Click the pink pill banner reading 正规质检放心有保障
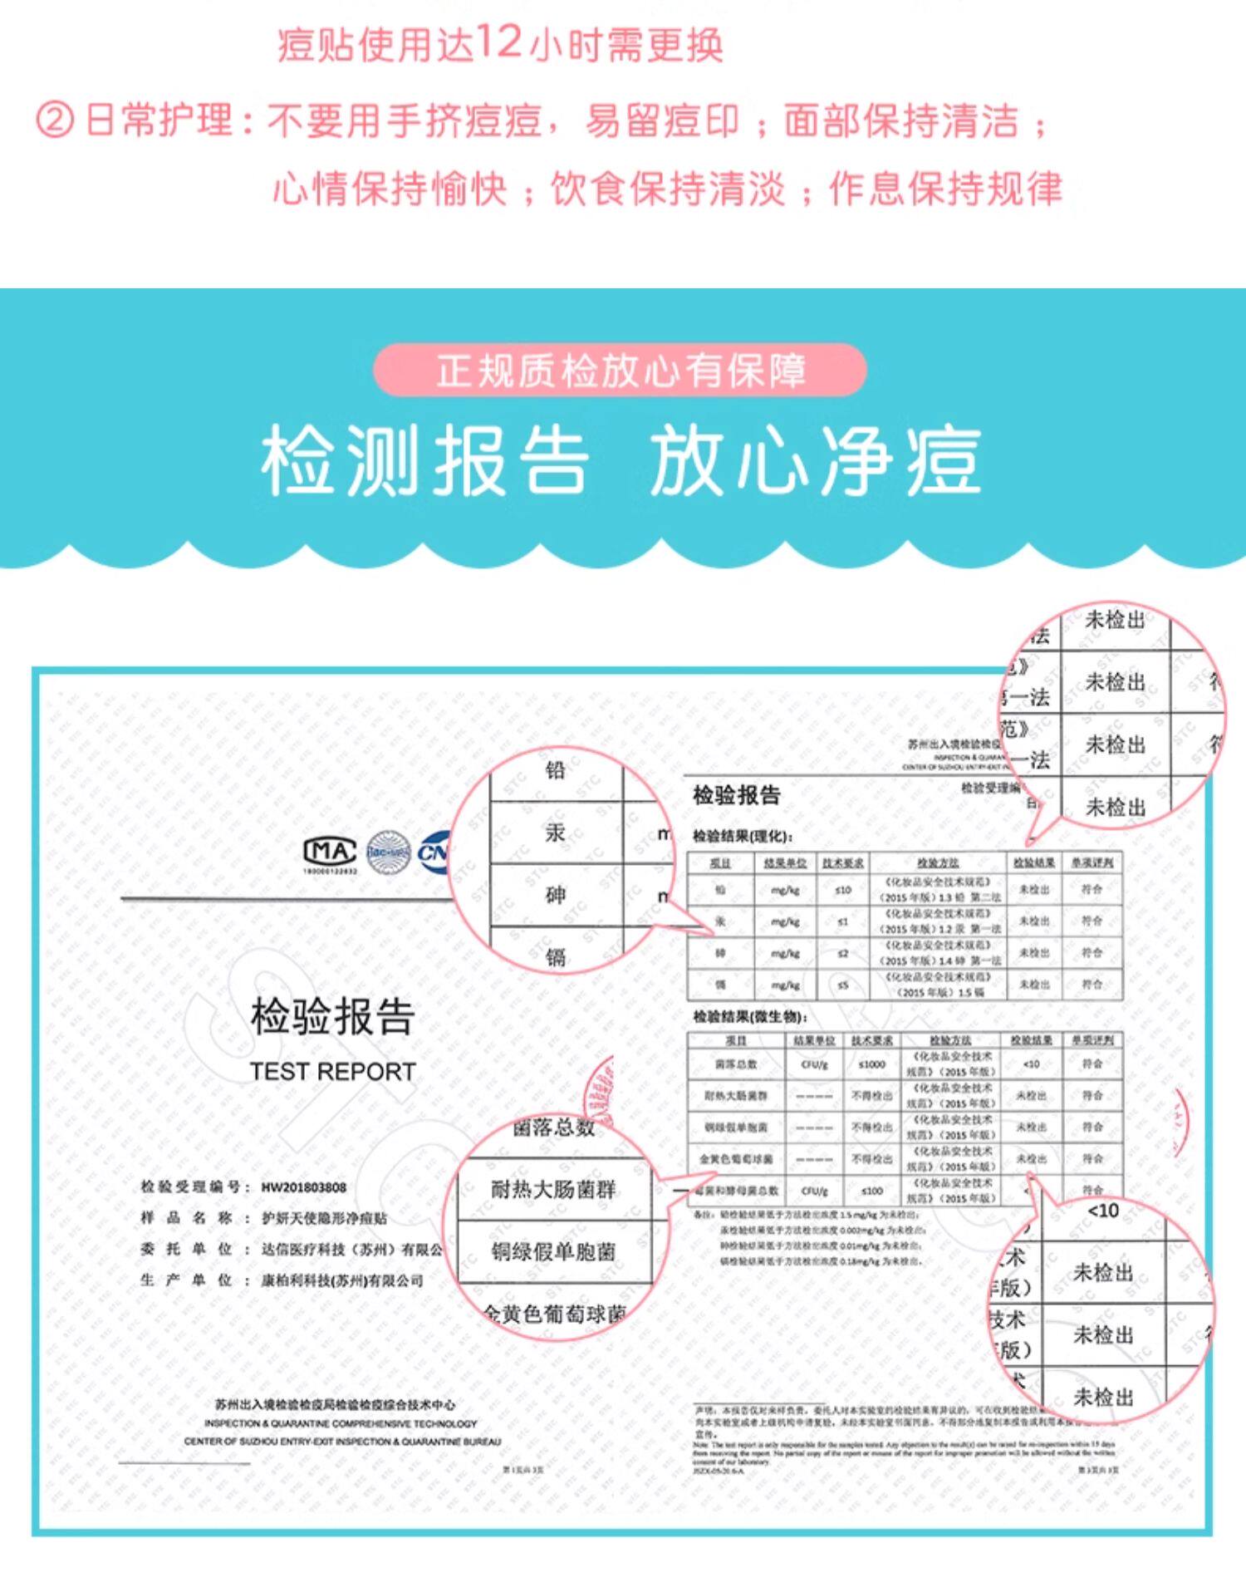(620, 370)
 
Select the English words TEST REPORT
(332, 1072)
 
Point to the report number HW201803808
(303, 1187)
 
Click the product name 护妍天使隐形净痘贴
(324, 1218)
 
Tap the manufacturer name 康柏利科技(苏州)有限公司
(342, 1280)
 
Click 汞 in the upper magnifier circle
(555, 832)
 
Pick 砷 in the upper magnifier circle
(555, 895)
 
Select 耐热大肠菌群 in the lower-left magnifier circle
(553, 1189)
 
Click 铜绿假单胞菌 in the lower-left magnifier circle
(553, 1251)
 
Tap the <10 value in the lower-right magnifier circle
(1102, 1211)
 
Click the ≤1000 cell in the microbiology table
(871, 1064)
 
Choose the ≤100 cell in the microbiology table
(871, 1191)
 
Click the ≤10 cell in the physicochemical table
(842, 890)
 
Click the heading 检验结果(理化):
(743, 836)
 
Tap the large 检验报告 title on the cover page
(332, 1016)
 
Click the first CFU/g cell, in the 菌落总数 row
(814, 1064)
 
